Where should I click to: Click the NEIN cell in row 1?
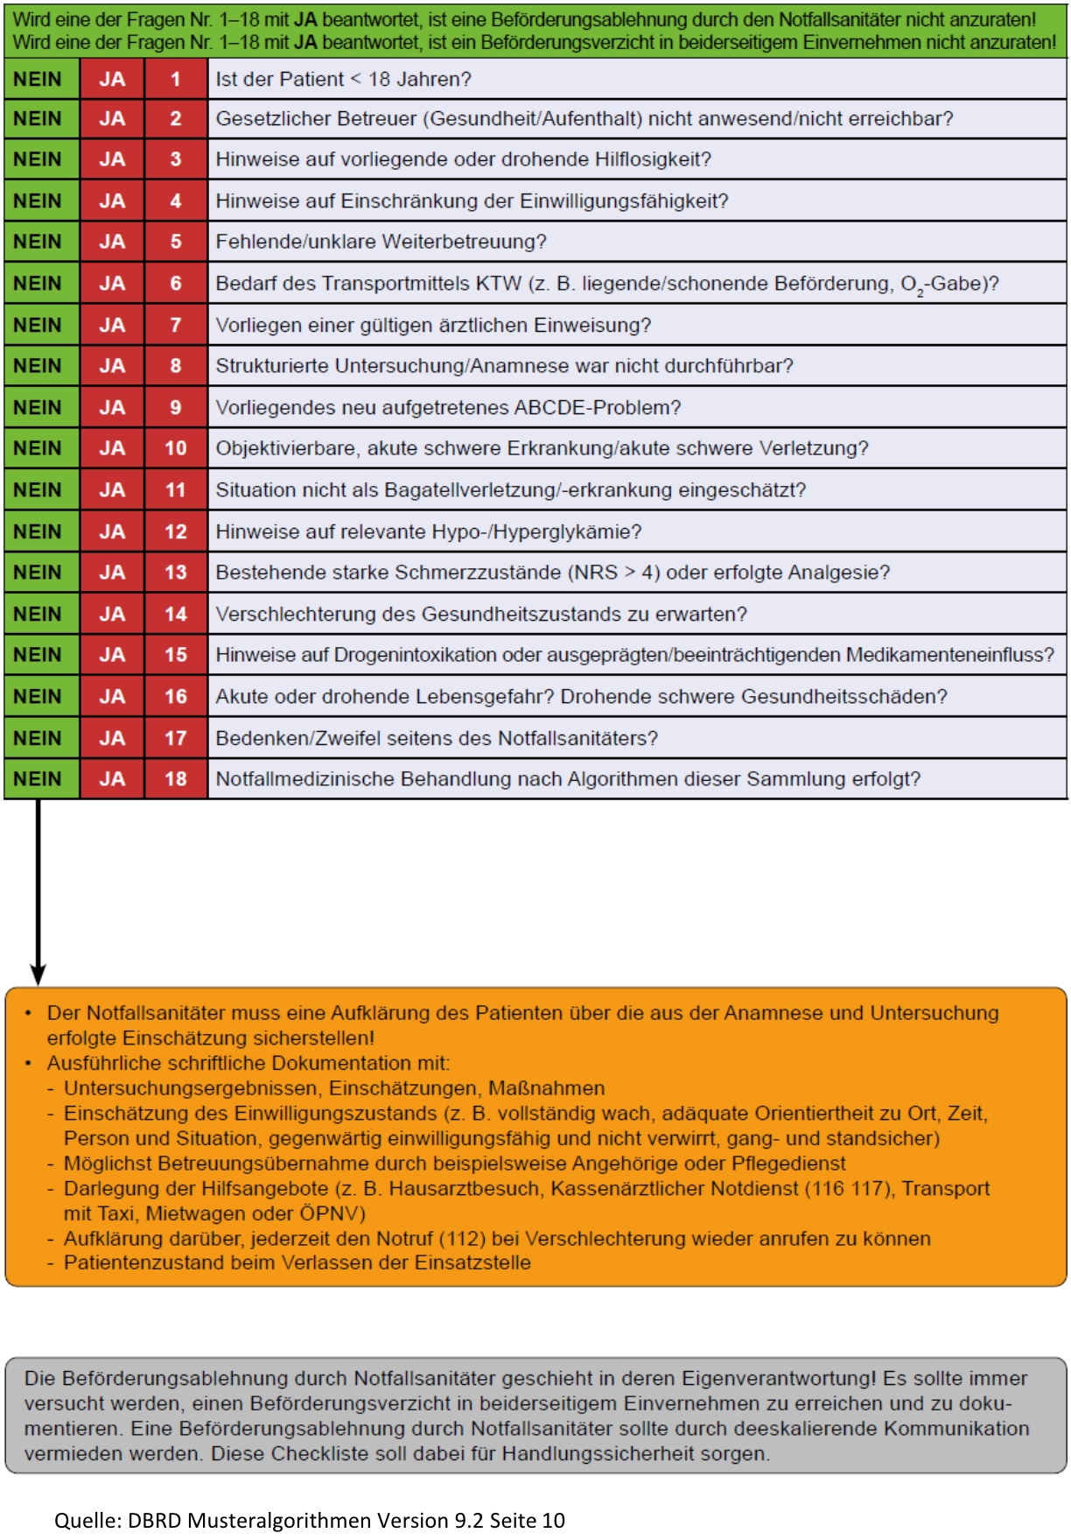tap(38, 80)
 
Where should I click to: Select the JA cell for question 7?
tap(112, 326)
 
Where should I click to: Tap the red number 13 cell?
tap(176, 573)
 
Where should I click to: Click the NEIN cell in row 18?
tap(38, 779)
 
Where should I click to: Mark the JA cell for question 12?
tap(112, 532)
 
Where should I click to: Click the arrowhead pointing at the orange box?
tap(38, 974)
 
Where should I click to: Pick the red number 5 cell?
tap(176, 243)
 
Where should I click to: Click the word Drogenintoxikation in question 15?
tap(438, 655)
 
